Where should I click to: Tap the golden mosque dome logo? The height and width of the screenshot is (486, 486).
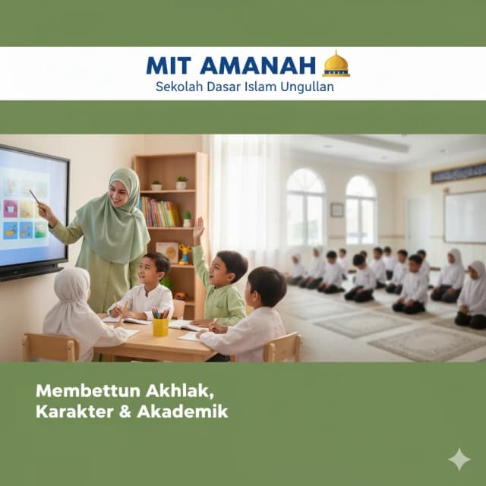click(336, 65)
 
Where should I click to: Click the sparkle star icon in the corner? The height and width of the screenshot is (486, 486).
click(459, 459)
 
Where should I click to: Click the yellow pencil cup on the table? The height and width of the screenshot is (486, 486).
click(160, 325)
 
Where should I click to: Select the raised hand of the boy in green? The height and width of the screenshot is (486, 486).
click(198, 229)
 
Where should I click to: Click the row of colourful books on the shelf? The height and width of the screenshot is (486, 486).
click(159, 213)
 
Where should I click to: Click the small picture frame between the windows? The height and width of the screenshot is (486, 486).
click(336, 210)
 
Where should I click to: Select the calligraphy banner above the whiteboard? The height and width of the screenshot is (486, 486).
click(458, 173)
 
